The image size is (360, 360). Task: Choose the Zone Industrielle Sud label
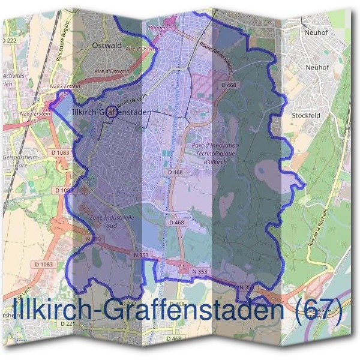pyautogui.click(x=112, y=221)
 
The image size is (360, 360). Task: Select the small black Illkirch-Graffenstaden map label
pyautogui.click(x=109, y=112)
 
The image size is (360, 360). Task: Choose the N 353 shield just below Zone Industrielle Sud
pyautogui.click(x=95, y=239)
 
